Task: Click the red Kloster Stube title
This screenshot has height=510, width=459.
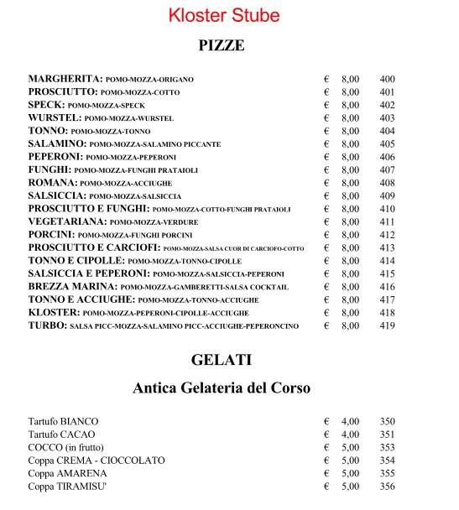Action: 223,15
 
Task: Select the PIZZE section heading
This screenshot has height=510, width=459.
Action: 222,45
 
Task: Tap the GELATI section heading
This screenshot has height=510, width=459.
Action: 222,361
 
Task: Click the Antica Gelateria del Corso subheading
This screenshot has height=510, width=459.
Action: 222,388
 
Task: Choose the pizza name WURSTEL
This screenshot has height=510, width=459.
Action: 54,118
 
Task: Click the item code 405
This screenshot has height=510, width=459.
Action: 387,144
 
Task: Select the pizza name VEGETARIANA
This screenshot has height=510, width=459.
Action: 66,222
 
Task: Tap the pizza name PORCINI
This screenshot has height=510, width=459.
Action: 51,235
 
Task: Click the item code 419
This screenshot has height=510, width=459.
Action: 387,325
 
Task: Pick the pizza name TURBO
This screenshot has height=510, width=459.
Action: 47,325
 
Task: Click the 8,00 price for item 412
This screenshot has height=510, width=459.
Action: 350,235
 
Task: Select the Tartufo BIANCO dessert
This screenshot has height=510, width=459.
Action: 63,421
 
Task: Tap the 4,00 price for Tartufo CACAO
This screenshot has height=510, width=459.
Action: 350,435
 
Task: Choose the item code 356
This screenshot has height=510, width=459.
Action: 387,487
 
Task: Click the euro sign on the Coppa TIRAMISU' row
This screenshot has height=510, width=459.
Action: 326,487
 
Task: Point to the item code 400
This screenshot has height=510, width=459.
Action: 387,79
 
